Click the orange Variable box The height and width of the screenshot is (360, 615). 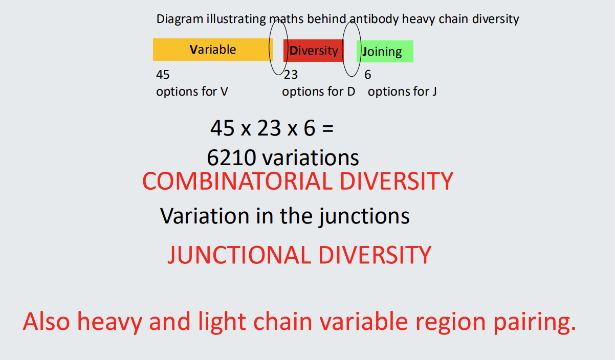tap(212, 50)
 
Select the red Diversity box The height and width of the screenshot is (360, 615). tap(313, 51)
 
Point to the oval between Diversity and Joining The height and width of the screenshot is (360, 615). tap(352, 49)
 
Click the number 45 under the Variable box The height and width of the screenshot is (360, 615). tap(163, 75)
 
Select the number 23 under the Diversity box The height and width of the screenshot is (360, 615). tap(291, 75)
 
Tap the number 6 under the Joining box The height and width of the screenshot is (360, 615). tap(368, 75)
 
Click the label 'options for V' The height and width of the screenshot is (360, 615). tap(192, 92)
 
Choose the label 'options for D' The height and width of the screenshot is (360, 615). tap(318, 92)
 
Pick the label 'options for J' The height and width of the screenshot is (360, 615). tap(402, 92)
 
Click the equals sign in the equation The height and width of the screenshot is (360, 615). tap(327, 128)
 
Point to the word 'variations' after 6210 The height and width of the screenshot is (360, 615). tap(311, 158)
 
